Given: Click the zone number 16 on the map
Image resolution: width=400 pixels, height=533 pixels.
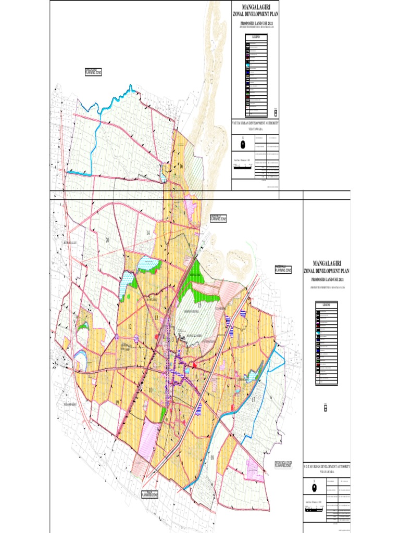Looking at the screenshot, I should pyautogui.click(x=181, y=166).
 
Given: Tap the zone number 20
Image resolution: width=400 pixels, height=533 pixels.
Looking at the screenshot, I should pyautogui.click(x=107, y=240).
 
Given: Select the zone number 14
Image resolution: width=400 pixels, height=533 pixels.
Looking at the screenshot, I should pyautogui.click(x=148, y=234).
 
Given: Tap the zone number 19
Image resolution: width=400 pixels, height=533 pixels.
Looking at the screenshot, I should pyautogui.click(x=118, y=402).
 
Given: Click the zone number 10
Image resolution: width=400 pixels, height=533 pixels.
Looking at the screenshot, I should pyautogui.click(x=151, y=389).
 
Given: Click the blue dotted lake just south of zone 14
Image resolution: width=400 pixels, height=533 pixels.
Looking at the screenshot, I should pyautogui.click(x=149, y=265).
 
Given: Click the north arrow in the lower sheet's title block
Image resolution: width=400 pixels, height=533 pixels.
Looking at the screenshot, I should pyautogui.click(x=314, y=488).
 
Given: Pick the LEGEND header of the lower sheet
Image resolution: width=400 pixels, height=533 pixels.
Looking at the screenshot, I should pyautogui.click(x=327, y=304).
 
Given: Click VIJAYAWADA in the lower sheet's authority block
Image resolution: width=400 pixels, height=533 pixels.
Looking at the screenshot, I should pyautogui.click(x=327, y=473).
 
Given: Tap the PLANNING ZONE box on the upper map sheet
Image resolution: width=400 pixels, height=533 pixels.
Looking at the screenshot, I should pyautogui.click(x=93, y=72).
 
